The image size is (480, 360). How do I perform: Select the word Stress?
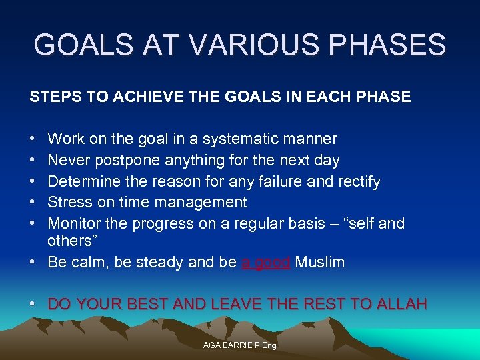pos(70,202)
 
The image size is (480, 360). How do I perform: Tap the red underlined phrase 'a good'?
pos(265,263)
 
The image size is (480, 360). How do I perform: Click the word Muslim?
pos(319,263)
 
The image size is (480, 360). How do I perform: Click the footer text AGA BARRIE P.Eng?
pos(239,345)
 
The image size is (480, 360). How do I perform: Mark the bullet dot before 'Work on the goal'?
pos(33,139)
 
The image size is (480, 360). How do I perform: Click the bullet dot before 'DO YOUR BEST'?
pos(33,305)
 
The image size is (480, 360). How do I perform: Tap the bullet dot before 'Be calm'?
pos(33,263)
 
